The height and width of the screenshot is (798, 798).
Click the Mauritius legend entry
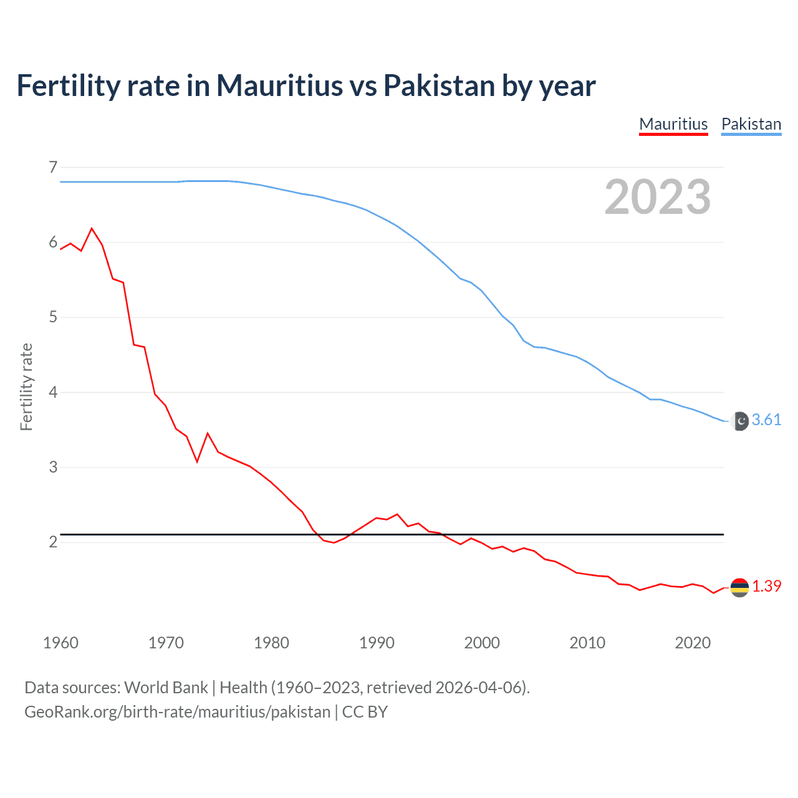click(x=673, y=124)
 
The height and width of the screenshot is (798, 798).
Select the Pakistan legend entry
click(x=751, y=124)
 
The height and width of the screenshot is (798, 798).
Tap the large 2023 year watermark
click(x=658, y=197)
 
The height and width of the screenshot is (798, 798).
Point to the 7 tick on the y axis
click(x=53, y=167)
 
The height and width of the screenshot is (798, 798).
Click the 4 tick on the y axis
click(x=53, y=392)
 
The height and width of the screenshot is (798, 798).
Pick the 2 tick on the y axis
click(x=53, y=542)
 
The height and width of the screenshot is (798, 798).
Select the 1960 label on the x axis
click(x=60, y=643)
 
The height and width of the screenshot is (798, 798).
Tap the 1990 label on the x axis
click(x=377, y=643)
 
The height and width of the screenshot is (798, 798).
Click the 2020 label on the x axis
click(x=693, y=643)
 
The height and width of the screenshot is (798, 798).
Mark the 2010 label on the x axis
click(x=587, y=643)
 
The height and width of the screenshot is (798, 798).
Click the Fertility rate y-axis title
click(x=26, y=387)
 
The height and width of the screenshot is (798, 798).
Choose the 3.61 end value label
click(x=766, y=420)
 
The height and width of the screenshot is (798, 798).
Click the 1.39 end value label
click(x=766, y=586)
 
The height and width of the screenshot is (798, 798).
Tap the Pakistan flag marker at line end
click(x=739, y=421)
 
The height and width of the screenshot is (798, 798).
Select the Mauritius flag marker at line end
click(x=739, y=587)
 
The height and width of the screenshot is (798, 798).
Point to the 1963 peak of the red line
click(x=92, y=229)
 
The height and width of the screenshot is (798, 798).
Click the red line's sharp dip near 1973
click(x=197, y=461)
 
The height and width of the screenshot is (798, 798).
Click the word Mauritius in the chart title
click(x=279, y=85)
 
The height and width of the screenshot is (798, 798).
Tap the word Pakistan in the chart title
click(x=439, y=85)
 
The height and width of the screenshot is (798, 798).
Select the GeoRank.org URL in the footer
click(x=177, y=711)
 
